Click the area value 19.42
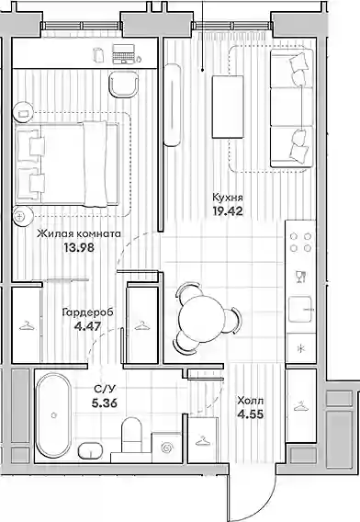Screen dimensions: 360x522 pos(228,211)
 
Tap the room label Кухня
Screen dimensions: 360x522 pos(228,198)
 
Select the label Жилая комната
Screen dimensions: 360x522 pos(79,233)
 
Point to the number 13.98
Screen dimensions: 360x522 pos(79,247)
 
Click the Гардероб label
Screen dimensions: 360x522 pos(88,312)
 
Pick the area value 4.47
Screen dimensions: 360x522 pos(88,326)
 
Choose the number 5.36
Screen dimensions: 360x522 pos(105,403)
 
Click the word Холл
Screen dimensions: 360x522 pos(250,401)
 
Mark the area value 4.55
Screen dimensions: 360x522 pos(250,414)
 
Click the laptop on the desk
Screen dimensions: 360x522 pos(123,54)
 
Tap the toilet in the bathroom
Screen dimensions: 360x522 pos(131,435)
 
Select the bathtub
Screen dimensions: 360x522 pos(53,415)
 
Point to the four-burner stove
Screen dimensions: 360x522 pos(301,242)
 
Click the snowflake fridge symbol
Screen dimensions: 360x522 pos(300,348)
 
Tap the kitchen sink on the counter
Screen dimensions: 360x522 pos(301,310)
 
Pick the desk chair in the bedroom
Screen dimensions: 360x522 pos(123,85)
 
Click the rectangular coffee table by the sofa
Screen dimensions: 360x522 pos(228,107)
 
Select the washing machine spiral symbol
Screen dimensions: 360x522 pos(166,448)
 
